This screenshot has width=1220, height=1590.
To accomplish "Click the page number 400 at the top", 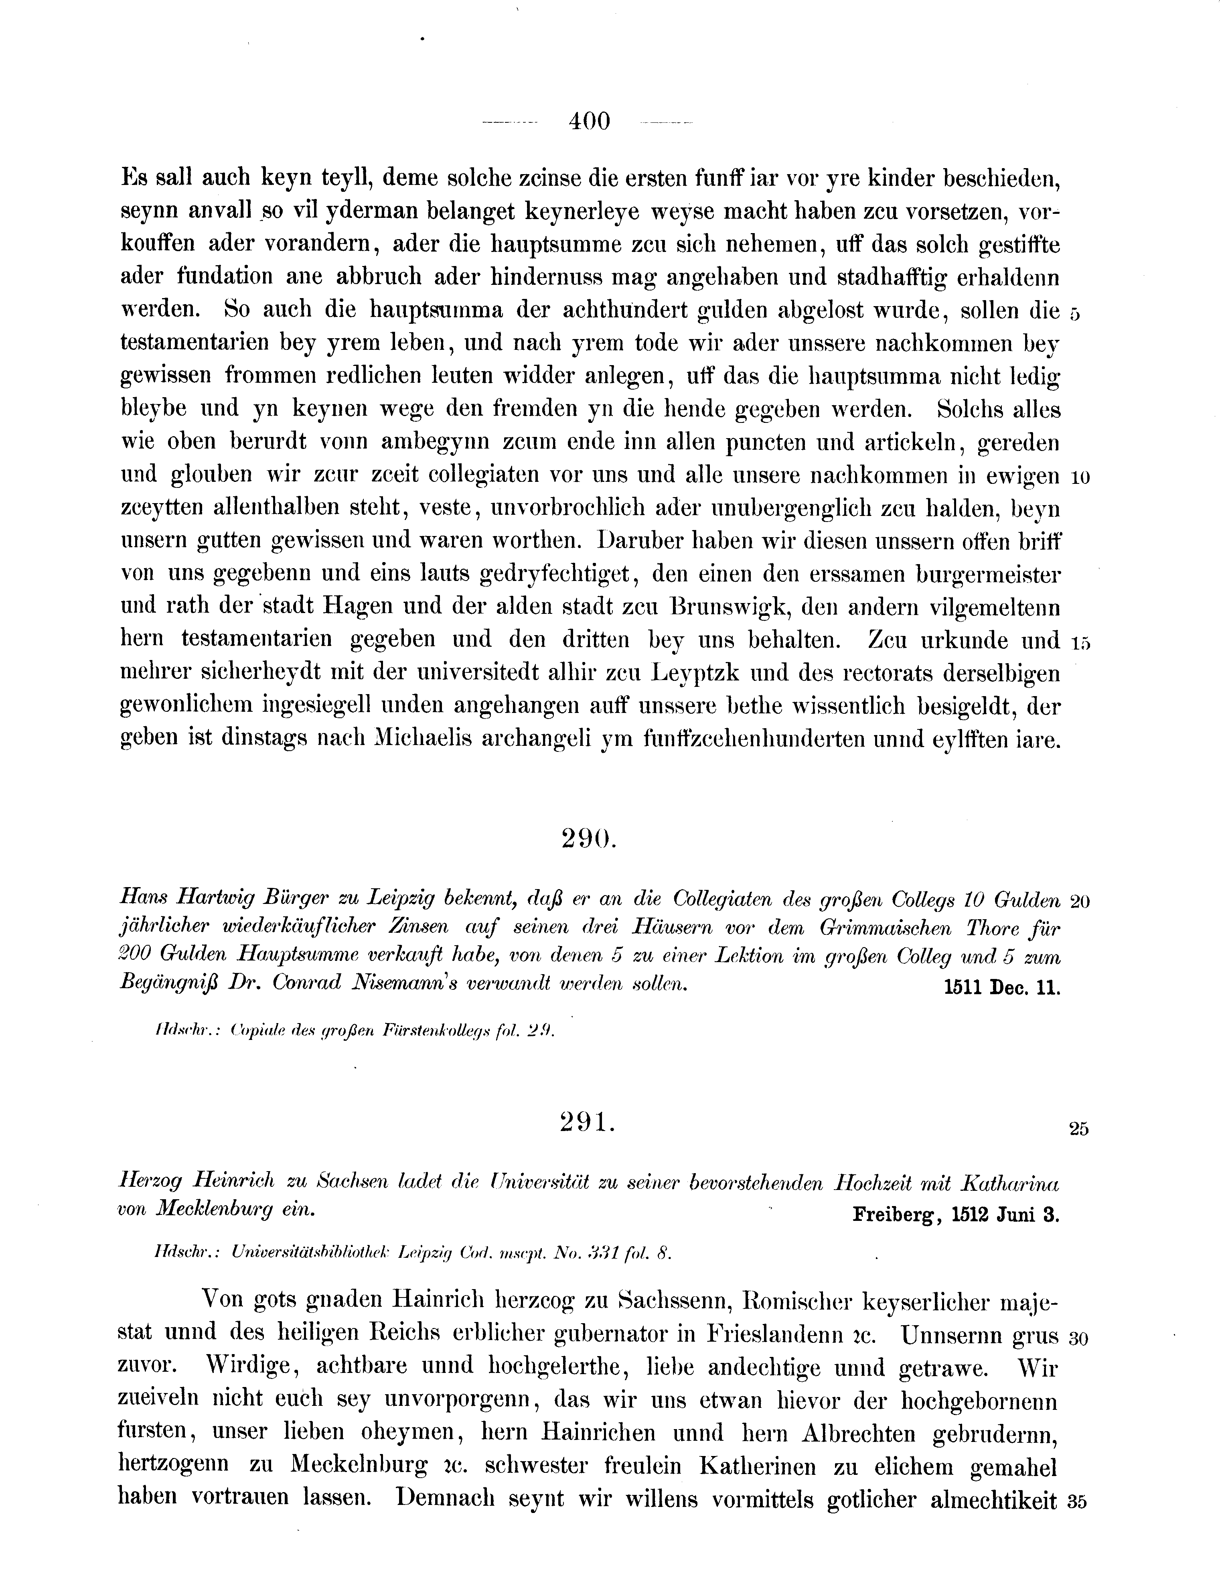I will (x=590, y=121).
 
